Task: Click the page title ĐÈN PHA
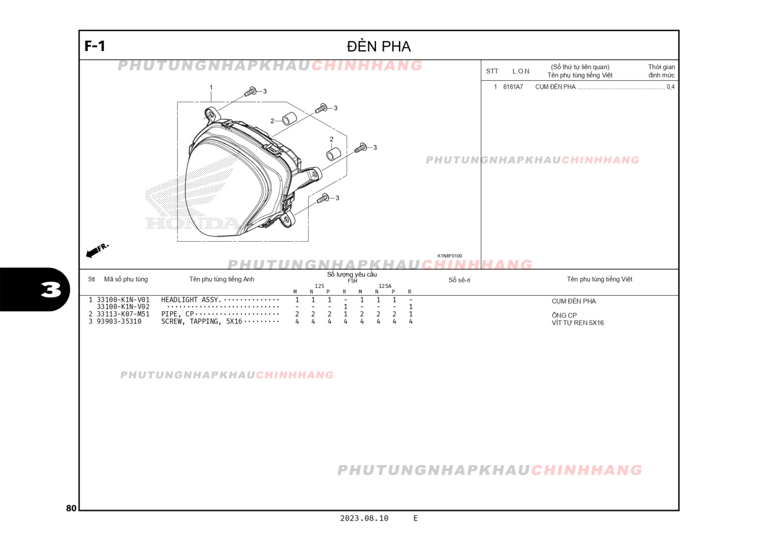click(x=379, y=46)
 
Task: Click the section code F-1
click(x=95, y=46)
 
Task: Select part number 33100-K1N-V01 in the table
click(x=123, y=300)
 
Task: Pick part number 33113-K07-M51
click(x=123, y=314)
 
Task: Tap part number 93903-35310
click(x=119, y=322)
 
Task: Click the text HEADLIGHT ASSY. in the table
click(x=191, y=300)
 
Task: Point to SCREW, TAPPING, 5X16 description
click(x=201, y=322)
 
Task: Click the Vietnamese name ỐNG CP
click(x=564, y=315)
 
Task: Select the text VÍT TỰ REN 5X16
click(x=577, y=323)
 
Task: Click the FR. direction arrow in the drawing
click(x=97, y=250)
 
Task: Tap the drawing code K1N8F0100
click(x=449, y=256)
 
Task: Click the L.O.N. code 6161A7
click(x=513, y=87)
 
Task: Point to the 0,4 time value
click(x=670, y=87)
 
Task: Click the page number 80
click(x=71, y=508)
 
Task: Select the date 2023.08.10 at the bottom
click(x=364, y=518)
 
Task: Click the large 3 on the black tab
click(x=51, y=290)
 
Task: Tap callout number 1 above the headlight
click(x=211, y=87)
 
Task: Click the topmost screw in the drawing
click(x=251, y=92)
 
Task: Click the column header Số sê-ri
click(x=459, y=280)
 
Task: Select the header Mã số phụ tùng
click(x=126, y=279)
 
